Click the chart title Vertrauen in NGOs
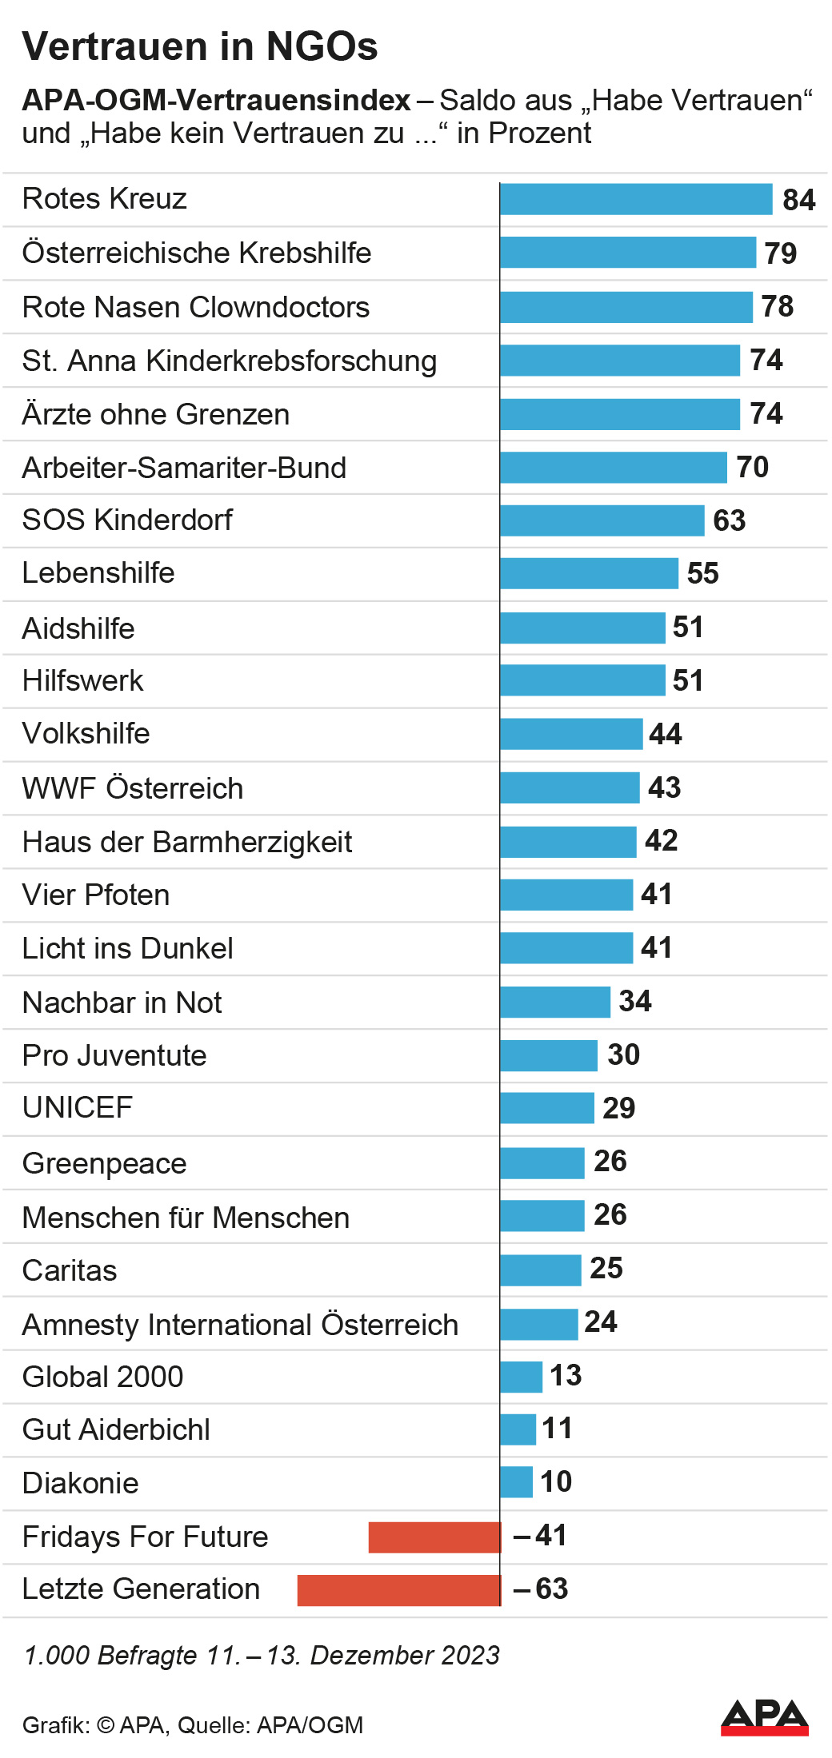(200, 46)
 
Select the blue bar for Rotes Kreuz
(636, 199)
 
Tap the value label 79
(780, 253)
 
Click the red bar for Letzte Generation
(398, 1590)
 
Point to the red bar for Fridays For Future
(434, 1537)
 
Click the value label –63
(541, 1589)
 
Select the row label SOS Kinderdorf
(127, 520)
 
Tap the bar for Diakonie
(516, 1482)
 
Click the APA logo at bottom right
(764, 1717)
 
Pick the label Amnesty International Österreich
(240, 1325)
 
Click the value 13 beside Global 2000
(566, 1375)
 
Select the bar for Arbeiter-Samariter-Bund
(614, 468)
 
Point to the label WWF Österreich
(133, 788)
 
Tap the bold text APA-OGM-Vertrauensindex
(216, 101)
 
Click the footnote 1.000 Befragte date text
(262, 1655)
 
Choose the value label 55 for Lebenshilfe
(702, 573)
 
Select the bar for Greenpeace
(542, 1163)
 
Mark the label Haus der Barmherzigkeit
(187, 842)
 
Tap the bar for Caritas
(541, 1270)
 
